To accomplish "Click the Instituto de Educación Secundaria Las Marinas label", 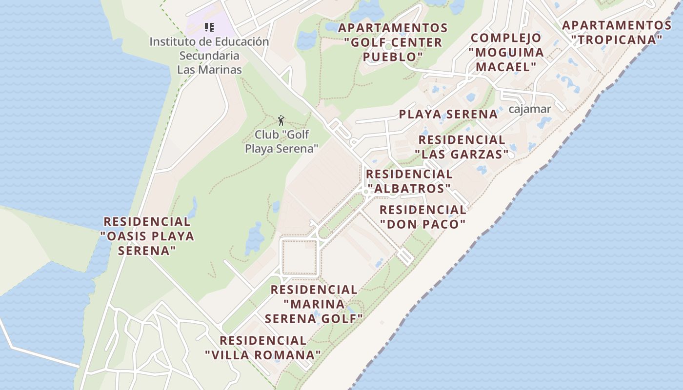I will click(x=209, y=56).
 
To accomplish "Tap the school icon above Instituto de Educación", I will click(x=209, y=27).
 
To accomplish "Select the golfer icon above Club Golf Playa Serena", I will click(x=281, y=120).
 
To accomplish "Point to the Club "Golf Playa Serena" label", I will click(x=281, y=141).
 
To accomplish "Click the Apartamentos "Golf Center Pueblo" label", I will click(x=393, y=42).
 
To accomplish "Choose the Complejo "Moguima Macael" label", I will click(x=506, y=52).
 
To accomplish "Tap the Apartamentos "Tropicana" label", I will click(x=617, y=32).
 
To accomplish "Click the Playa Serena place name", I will click(x=448, y=115).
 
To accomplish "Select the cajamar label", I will click(x=529, y=109).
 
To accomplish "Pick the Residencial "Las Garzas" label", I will click(x=462, y=147).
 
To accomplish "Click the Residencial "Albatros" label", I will click(x=409, y=181).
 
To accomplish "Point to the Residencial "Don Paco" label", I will click(x=422, y=217).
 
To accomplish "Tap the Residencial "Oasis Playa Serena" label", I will click(x=147, y=236).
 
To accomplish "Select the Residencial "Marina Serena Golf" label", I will click(x=314, y=304).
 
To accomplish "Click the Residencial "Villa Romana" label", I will click(x=263, y=348).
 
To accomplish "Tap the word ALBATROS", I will click(x=409, y=188).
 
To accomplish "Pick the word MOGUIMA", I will click(x=506, y=52).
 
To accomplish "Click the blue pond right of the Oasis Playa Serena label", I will click(x=254, y=239).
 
